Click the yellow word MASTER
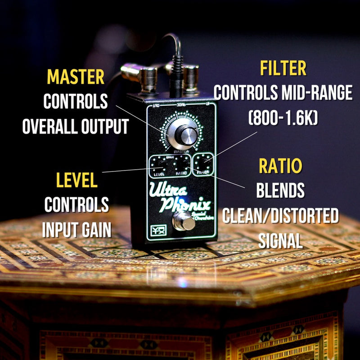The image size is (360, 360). coord(76,77)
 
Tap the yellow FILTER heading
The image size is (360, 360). coord(283,69)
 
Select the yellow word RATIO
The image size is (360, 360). coord(280,166)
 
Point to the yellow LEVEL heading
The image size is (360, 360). coord(76,180)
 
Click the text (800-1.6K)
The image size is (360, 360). coord(283,118)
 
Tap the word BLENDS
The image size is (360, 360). coord(280,191)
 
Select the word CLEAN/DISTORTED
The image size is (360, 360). coord(280,216)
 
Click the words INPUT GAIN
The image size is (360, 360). coord(76,230)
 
